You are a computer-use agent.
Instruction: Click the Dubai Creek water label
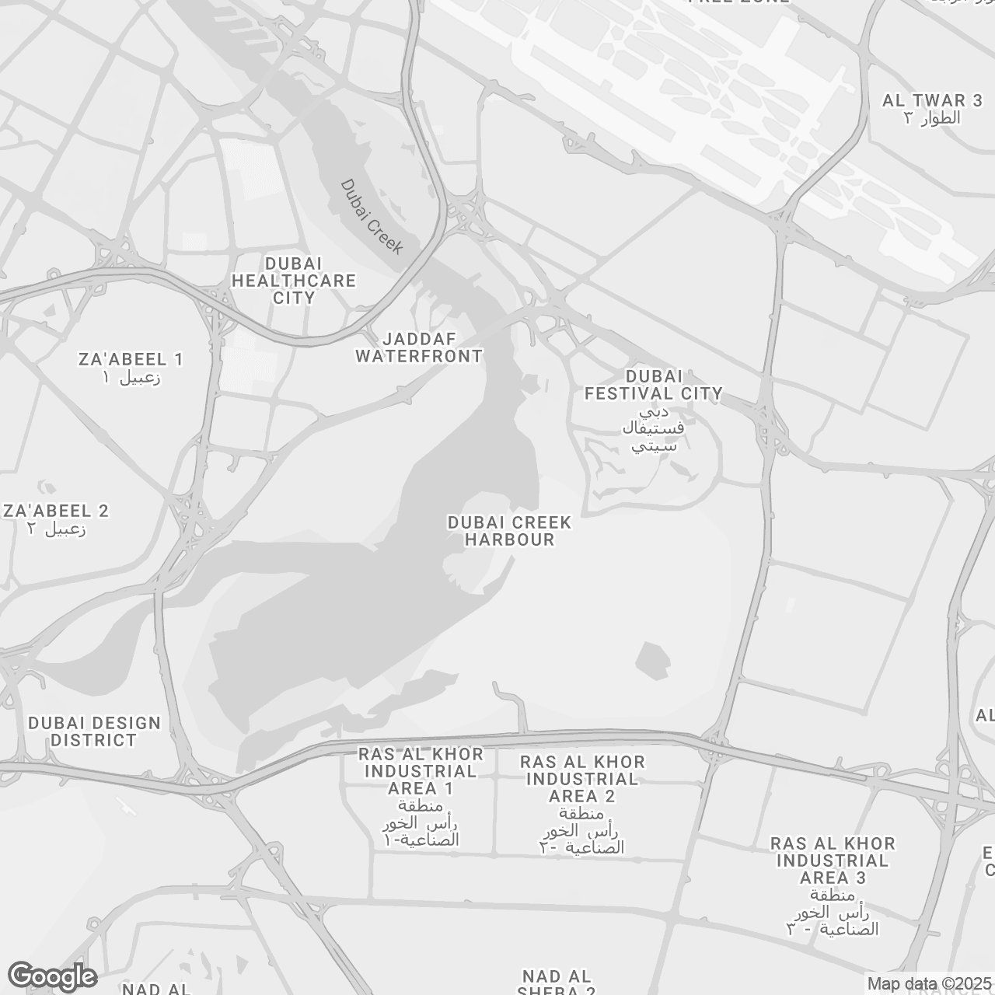[x=372, y=217]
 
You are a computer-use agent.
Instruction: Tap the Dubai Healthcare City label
[x=294, y=281]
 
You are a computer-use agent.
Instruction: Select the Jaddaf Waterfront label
[x=419, y=347]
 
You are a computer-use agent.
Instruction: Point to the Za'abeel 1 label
[x=131, y=359]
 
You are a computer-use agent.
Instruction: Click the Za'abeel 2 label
[x=56, y=511]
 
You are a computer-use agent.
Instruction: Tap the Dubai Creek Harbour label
[x=509, y=531]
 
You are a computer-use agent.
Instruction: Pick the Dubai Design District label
[x=94, y=731]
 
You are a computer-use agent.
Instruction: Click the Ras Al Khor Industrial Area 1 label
[x=421, y=771]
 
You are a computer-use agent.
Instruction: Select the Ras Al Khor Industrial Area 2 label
[x=582, y=778]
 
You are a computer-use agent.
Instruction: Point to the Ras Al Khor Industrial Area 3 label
[x=832, y=861]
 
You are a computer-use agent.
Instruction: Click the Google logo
[x=52, y=976]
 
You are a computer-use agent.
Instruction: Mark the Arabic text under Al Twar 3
[x=932, y=118]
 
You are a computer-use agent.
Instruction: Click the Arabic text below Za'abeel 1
[x=131, y=379]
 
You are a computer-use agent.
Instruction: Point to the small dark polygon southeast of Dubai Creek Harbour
[x=653, y=660]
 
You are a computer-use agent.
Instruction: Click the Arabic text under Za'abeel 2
[x=56, y=530]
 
